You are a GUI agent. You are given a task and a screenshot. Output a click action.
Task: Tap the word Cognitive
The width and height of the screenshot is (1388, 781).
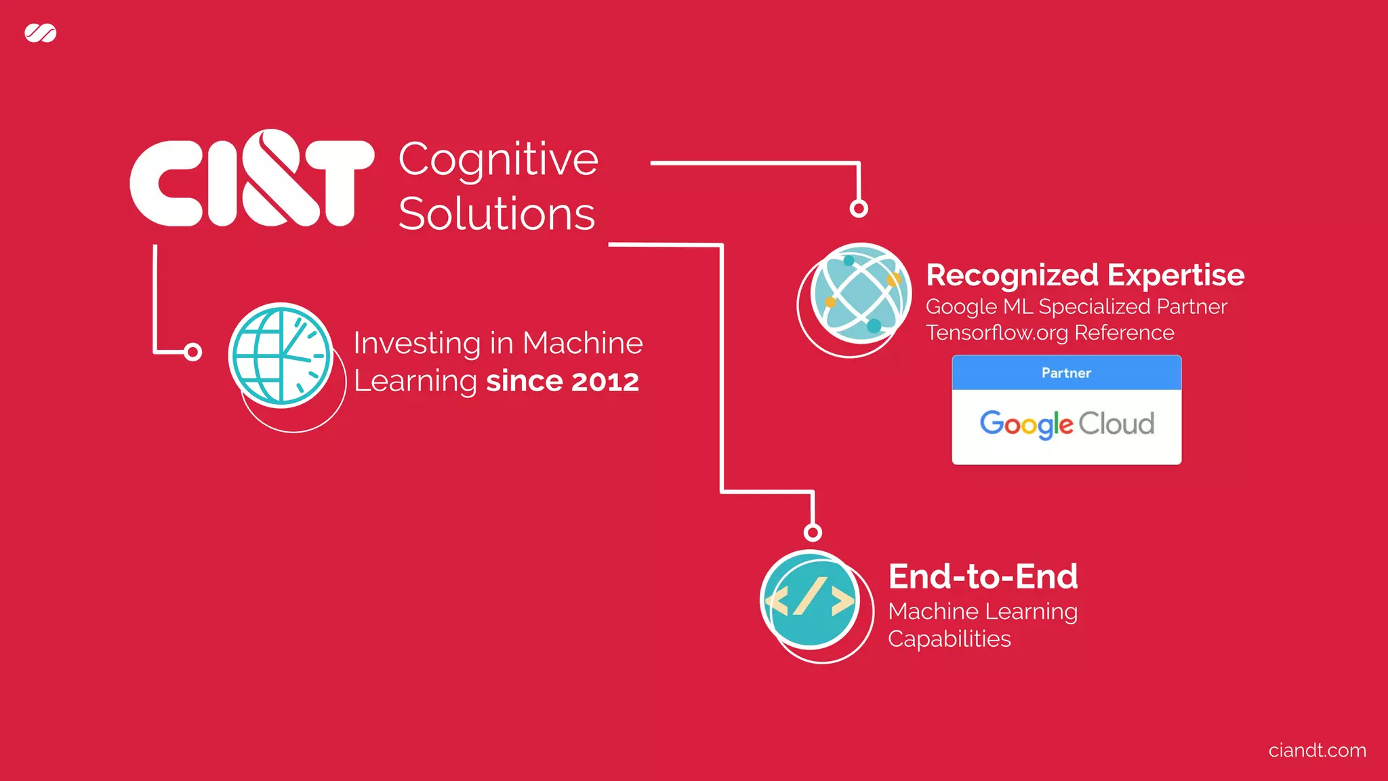(x=498, y=160)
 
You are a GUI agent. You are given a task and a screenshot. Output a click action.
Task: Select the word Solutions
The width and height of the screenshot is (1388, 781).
(x=497, y=214)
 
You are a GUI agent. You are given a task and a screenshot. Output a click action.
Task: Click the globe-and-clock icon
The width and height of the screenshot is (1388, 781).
(x=281, y=355)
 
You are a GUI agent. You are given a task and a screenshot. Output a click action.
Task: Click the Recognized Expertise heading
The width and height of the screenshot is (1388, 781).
(x=1085, y=275)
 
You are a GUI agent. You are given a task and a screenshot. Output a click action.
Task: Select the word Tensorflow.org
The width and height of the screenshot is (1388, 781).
(x=997, y=333)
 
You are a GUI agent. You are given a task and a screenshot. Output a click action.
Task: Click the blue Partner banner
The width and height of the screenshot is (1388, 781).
(x=1066, y=373)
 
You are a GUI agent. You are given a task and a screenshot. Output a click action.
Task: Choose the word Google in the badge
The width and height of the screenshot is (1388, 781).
(x=1026, y=424)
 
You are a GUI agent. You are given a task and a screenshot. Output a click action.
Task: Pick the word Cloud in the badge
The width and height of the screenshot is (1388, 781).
(x=1116, y=424)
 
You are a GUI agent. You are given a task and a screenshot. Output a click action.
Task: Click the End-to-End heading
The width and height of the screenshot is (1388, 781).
(x=983, y=576)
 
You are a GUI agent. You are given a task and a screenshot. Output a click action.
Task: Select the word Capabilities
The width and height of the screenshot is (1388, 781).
(x=949, y=639)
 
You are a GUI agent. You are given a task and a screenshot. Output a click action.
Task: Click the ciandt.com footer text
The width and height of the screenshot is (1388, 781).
(x=1317, y=750)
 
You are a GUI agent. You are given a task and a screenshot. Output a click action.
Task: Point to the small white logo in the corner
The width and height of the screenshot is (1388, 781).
(x=41, y=33)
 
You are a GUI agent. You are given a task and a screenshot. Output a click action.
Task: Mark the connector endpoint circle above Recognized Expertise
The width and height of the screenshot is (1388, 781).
(x=859, y=208)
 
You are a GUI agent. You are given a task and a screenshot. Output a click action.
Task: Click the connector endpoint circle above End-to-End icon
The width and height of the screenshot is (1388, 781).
(x=813, y=532)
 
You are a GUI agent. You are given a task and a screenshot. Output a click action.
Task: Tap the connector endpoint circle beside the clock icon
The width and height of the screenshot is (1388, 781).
(x=193, y=352)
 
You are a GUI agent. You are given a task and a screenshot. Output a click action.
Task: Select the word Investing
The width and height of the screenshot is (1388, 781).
(x=417, y=343)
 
